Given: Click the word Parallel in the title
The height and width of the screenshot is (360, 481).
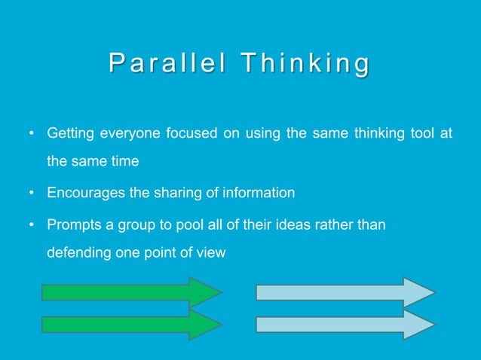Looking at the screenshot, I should [x=167, y=65].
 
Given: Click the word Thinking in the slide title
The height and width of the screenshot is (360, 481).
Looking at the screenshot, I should [x=305, y=65].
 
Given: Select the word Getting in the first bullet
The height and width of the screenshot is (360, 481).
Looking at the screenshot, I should [x=69, y=134].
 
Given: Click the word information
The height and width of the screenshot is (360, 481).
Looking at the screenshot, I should [x=256, y=193].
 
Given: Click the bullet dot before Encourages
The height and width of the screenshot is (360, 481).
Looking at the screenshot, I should [x=32, y=194].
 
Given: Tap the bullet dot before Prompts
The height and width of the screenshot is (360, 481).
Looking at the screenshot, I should [x=32, y=224].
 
